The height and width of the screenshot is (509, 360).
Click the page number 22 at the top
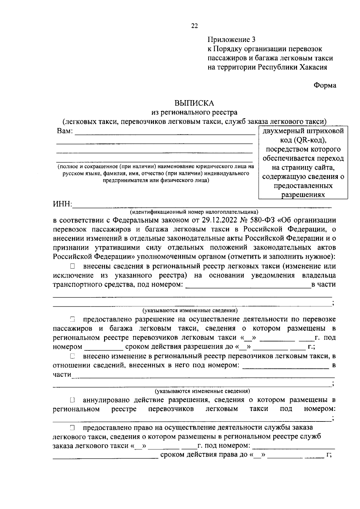pos(194,26)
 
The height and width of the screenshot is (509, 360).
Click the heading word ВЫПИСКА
pos(194,103)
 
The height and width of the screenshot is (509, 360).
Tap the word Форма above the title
pos(325,85)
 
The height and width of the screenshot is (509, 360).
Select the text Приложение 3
pos(232,40)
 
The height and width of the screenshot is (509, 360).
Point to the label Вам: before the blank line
pos(64,131)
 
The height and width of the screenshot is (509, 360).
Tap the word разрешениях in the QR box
pos(303,195)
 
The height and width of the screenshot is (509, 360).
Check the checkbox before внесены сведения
pos(72,266)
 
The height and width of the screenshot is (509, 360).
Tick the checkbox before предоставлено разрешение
pos(72,320)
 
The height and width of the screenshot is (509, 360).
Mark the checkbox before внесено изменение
pos(72,356)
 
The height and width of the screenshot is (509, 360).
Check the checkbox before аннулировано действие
pos(72,400)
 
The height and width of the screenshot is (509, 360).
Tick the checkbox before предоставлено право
pos(72,427)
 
